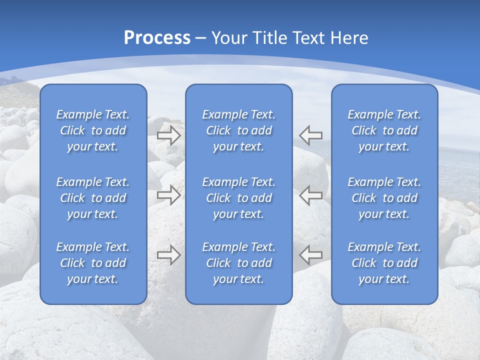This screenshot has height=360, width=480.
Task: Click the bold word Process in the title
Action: click(157, 38)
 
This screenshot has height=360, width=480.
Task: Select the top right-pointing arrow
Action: click(169, 135)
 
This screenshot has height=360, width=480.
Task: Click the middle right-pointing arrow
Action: click(169, 195)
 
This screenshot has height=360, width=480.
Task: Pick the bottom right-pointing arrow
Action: click(169, 255)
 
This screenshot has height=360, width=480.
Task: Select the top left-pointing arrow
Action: click(311, 135)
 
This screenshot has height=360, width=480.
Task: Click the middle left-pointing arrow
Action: click(311, 195)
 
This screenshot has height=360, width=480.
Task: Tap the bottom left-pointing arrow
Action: click(311, 255)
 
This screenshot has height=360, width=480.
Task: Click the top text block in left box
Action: click(93, 130)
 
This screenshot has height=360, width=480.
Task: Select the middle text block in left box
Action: click(93, 198)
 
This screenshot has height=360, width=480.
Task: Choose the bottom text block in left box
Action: click(93, 263)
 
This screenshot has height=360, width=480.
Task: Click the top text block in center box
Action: click(239, 130)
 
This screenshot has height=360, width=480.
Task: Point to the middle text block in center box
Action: click(239, 198)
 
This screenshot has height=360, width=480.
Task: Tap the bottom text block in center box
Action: click(239, 263)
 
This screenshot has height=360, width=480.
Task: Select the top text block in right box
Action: click(384, 130)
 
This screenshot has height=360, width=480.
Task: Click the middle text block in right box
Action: click(384, 198)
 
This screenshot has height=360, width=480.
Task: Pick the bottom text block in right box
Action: click(384, 263)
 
